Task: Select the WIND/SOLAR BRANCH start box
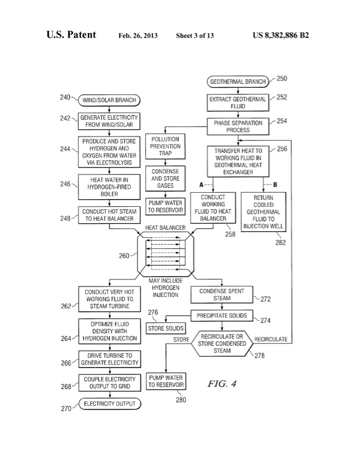click(103, 99)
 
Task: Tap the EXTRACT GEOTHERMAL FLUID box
click(237, 103)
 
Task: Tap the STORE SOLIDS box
click(165, 328)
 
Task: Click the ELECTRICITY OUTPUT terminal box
click(109, 404)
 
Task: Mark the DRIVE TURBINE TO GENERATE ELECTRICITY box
click(109, 359)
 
